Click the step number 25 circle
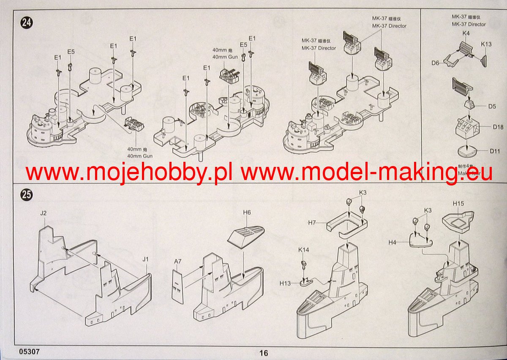point(27,195)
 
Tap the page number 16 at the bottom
point(264,353)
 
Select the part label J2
point(43,213)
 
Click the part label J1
point(145,259)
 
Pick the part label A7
point(177,262)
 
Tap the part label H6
point(247,212)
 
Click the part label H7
point(313,222)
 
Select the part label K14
point(303,250)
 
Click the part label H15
point(458,204)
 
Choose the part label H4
point(393,242)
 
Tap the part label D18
point(498,127)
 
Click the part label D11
point(495,151)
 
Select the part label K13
point(486,44)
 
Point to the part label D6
point(436,63)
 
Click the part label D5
point(492,106)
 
